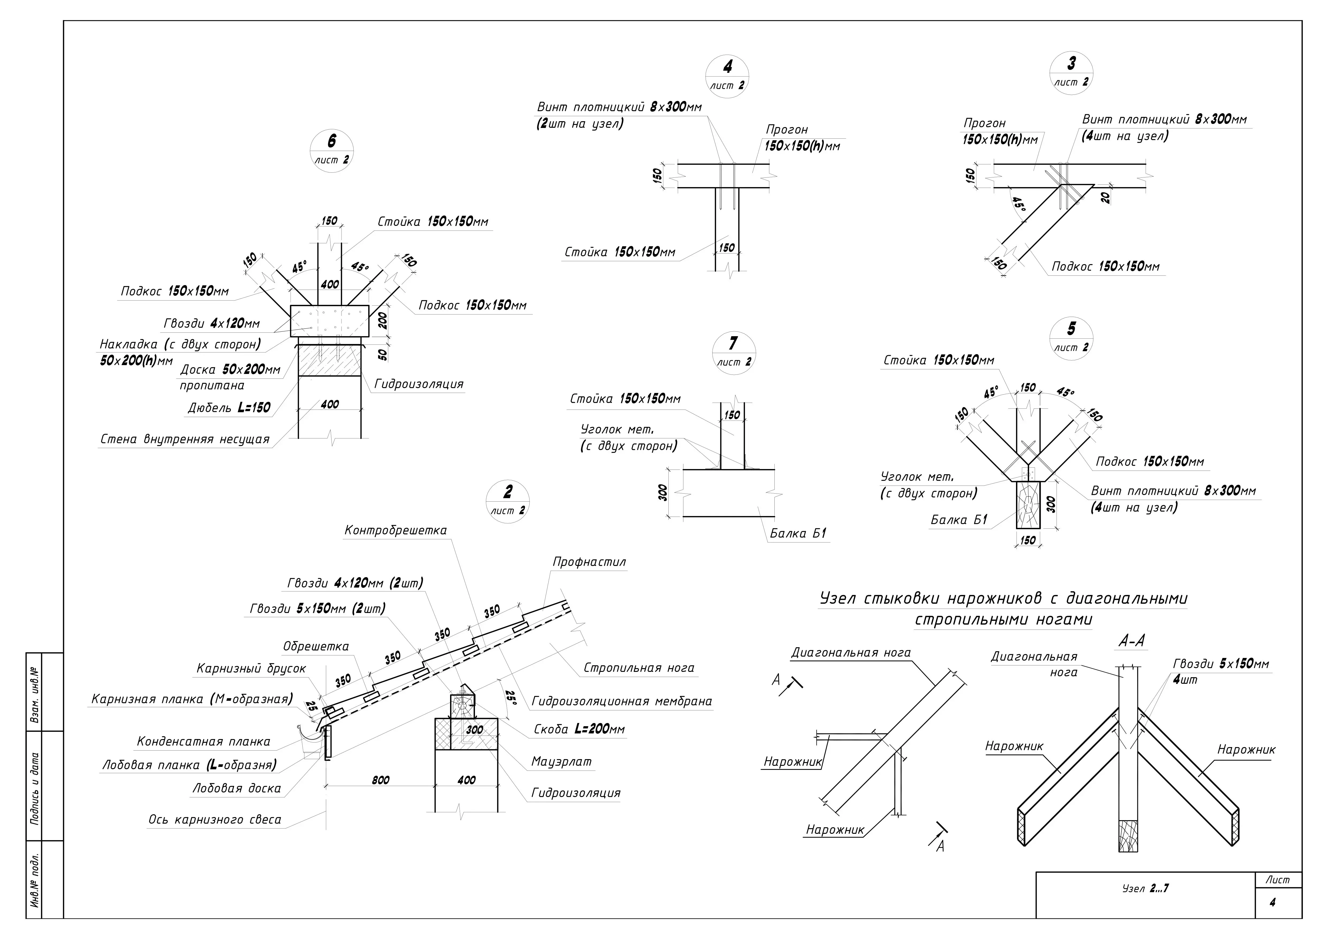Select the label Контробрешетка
396,530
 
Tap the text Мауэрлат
561,761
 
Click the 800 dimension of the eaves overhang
380,780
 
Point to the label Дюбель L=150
229,407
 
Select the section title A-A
1132,641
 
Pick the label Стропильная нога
638,668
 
